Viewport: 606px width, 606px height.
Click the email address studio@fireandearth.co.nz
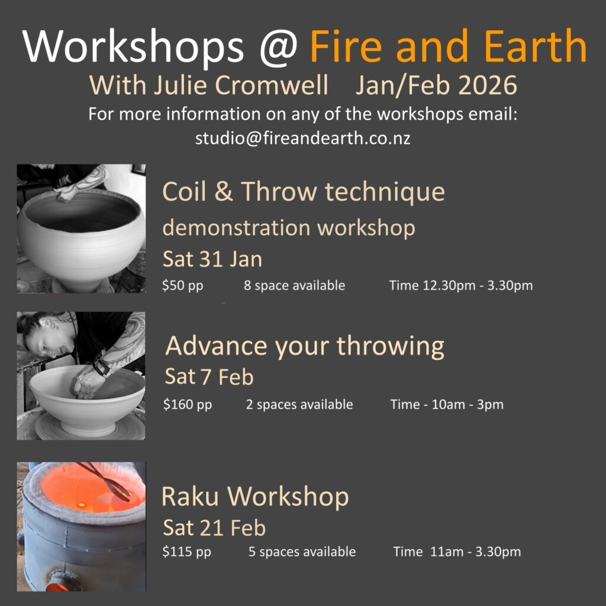302,138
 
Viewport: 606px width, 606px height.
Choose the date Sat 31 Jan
212,259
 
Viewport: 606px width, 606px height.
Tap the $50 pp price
182,286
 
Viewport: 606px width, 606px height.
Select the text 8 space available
294,285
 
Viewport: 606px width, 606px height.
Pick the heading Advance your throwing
305,346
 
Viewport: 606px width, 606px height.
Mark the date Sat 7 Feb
209,376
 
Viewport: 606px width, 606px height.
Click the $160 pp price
188,405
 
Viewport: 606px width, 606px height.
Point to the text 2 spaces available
299,404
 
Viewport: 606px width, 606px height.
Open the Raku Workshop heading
255,497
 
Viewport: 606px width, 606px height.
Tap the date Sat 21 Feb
214,527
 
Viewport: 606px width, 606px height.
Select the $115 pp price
186,552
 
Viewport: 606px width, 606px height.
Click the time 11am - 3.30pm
475,552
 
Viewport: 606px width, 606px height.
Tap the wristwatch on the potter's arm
101,365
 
